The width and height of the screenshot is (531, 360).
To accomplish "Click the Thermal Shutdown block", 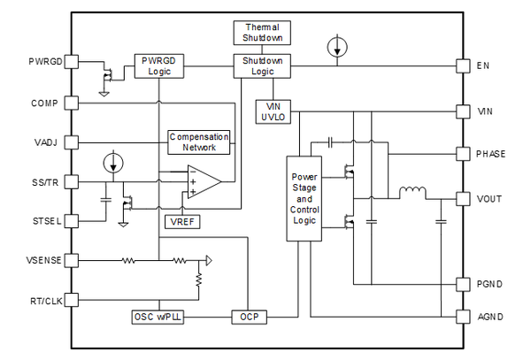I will tap(261, 33).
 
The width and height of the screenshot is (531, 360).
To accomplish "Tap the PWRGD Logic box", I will tap(159, 66).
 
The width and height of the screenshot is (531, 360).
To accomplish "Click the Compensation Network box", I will tap(199, 142).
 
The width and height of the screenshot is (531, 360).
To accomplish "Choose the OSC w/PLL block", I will tap(158, 316).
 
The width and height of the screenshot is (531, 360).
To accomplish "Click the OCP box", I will tap(248, 316).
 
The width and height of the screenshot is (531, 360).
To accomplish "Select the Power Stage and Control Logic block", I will tap(304, 199).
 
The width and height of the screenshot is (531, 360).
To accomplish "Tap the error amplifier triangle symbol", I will tap(201, 181).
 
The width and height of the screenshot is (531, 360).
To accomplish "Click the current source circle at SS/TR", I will tap(112, 163).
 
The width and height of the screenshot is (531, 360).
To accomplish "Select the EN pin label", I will tap(483, 66).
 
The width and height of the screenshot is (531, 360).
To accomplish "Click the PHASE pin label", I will tap(490, 154).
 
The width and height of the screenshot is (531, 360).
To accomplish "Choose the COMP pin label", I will tap(43, 103).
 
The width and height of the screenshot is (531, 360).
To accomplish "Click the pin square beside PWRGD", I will tap(73, 61).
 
